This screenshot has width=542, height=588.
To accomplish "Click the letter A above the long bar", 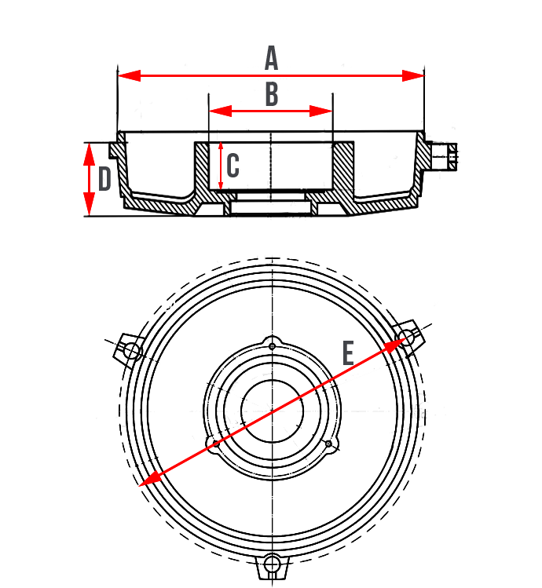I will tap(271, 57).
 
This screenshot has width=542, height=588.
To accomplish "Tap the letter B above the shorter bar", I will tap(271, 96).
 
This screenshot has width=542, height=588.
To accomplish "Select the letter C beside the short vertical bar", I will tap(233, 166).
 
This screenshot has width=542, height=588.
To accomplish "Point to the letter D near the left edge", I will tap(104, 178).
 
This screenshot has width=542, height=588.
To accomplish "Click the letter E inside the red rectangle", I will tap(349, 354).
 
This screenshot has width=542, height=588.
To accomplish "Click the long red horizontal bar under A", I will tap(271, 75).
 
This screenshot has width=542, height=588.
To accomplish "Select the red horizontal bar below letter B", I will tap(270, 111).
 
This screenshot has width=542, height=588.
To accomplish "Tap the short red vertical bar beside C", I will tap(221, 166).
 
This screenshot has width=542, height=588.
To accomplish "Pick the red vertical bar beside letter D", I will tap(89, 178).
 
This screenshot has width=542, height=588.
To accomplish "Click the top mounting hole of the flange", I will tap(272, 346).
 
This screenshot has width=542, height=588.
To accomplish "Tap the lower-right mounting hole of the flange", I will tap(329, 445).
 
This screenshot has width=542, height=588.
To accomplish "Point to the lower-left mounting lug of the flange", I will tap(212, 444).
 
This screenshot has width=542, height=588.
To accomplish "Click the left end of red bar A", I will tap(120, 75).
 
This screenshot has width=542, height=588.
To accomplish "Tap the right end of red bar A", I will tap(423, 75).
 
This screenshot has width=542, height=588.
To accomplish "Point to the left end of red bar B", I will tap(211, 111).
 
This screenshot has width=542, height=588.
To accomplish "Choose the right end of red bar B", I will tap(331, 111).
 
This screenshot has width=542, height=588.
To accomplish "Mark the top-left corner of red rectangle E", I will tap(137, 338).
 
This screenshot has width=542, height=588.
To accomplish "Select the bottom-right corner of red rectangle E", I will tap(408, 488).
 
